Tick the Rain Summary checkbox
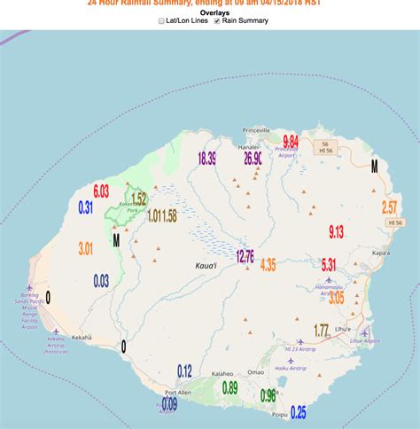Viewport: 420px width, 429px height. [x=217, y=20]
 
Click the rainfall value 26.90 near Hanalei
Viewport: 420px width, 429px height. [x=253, y=159]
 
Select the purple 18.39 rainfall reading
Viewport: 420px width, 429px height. [x=207, y=159]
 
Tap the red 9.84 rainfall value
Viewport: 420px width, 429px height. [x=290, y=142]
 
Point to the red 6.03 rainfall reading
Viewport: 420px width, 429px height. [x=101, y=191]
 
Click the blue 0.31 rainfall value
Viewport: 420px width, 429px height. [x=86, y=207]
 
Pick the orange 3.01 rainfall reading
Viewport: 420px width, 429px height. [x=85, y=248]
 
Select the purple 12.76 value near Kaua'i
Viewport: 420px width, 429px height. [x=245, y=256]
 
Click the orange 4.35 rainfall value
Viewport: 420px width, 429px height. [x=268, y=264]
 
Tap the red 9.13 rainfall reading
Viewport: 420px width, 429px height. [x=336, y=232]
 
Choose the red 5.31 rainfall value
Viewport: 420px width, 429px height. [x=328, y=264]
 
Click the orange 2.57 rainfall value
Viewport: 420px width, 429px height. [x=389, y=207]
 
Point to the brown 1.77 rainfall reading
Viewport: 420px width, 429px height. [x=321, y=330]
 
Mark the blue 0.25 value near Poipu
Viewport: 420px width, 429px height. [x=298, y=411]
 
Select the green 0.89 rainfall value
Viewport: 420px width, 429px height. [x=229, y=387]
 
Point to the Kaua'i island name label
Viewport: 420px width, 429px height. [x=206, y=265]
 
